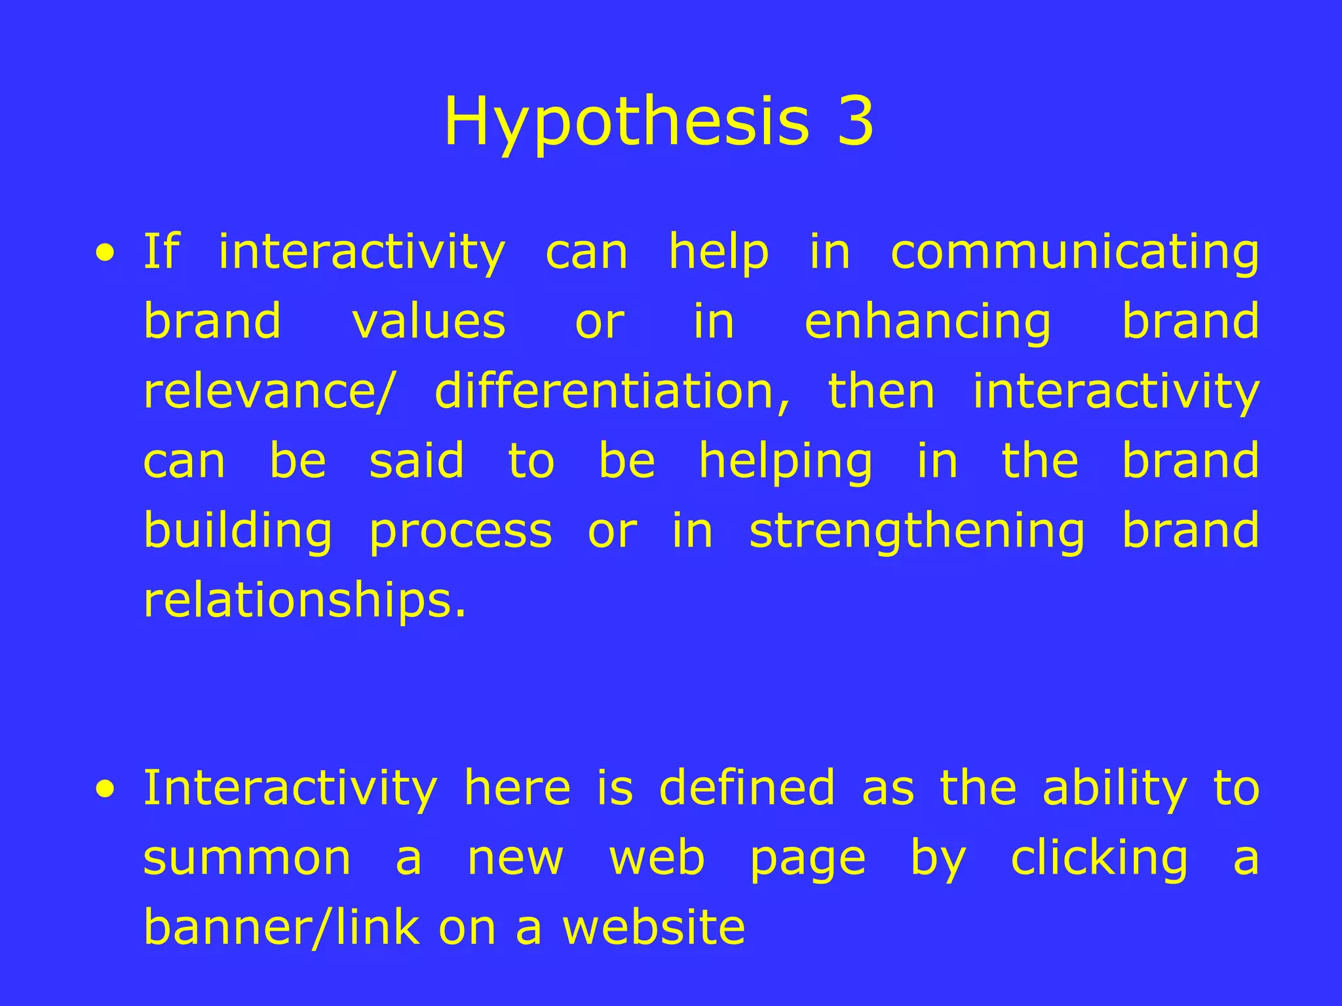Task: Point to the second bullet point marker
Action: (105, 789)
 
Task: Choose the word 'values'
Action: (429, 322)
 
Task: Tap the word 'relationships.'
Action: (305, 601)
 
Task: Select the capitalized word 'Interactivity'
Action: (290, 789)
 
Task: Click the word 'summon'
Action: (247, 859)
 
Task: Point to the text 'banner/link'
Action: (282, 927)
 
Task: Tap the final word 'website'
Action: (654, 927)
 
